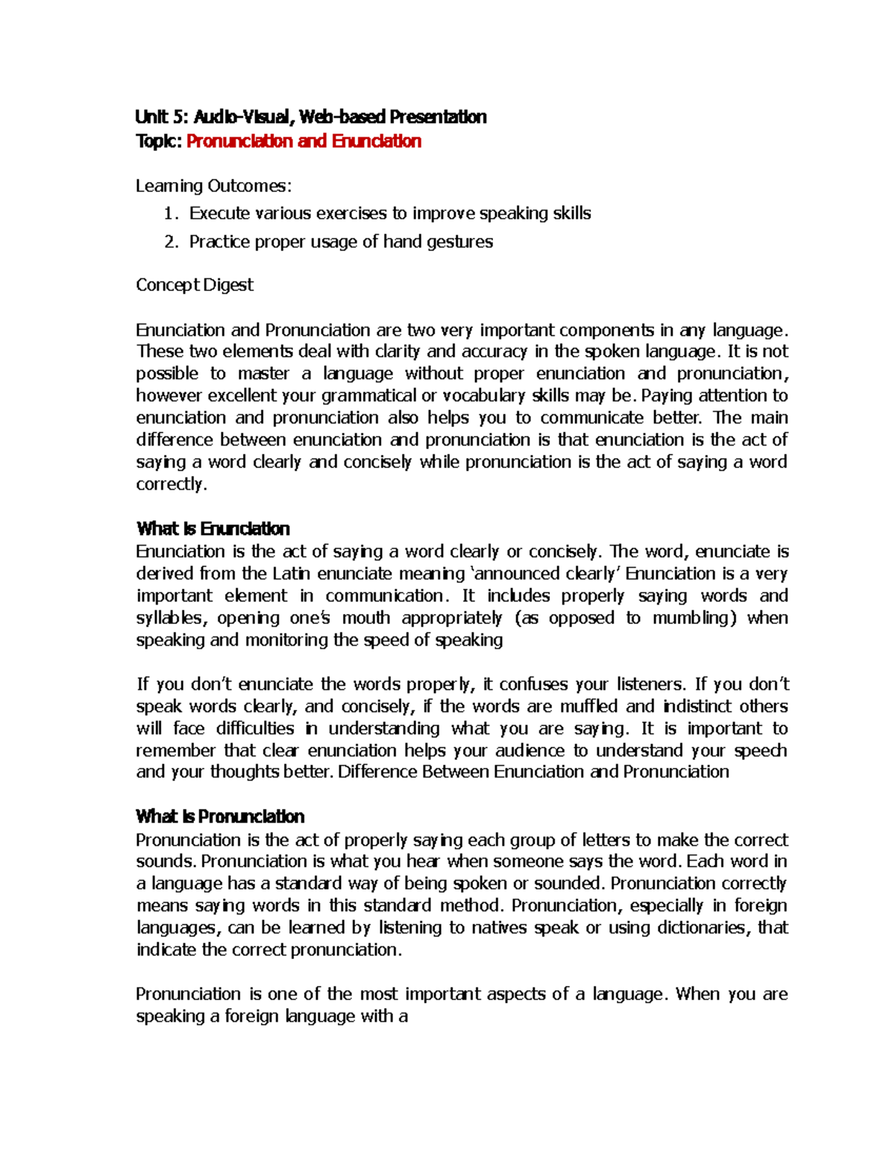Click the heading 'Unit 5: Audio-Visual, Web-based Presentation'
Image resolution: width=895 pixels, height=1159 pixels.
(310, 117)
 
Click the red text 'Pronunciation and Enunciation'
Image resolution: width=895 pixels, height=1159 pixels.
(304, 141)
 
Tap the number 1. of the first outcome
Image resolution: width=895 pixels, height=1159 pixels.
(171, 214)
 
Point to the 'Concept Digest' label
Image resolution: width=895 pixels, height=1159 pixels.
(195, 285)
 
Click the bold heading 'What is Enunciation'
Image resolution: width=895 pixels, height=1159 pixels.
(213, 529)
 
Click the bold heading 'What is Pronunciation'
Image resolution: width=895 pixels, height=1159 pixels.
(220, 816)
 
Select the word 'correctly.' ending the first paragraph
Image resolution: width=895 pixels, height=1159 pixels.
(171, 484)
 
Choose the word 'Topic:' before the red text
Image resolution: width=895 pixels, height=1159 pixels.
(159, 141)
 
